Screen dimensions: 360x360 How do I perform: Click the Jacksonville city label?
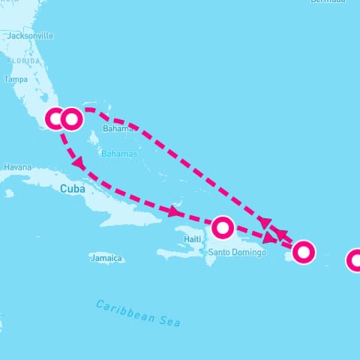point(30,35)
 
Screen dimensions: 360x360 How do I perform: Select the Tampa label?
point(16,79)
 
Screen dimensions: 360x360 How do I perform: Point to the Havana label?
point(16,166)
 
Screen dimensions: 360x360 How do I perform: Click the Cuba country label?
point(72,189)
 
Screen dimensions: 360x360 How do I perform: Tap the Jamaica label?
point(106,258)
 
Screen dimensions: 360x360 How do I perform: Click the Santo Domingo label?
point(237,252)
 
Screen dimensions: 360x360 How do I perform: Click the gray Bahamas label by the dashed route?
point(117,129)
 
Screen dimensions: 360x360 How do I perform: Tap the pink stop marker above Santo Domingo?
point(223,227)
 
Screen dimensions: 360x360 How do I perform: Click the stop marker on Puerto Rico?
point(303,252)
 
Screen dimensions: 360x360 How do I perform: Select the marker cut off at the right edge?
point(355,260)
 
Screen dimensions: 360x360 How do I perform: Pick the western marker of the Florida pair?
point(55,118)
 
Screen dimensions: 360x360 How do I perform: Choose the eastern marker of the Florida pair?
point(71,118)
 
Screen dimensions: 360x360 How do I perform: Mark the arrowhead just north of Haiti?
point(174,212)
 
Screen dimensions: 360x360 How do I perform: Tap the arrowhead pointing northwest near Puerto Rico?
point(281,234)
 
